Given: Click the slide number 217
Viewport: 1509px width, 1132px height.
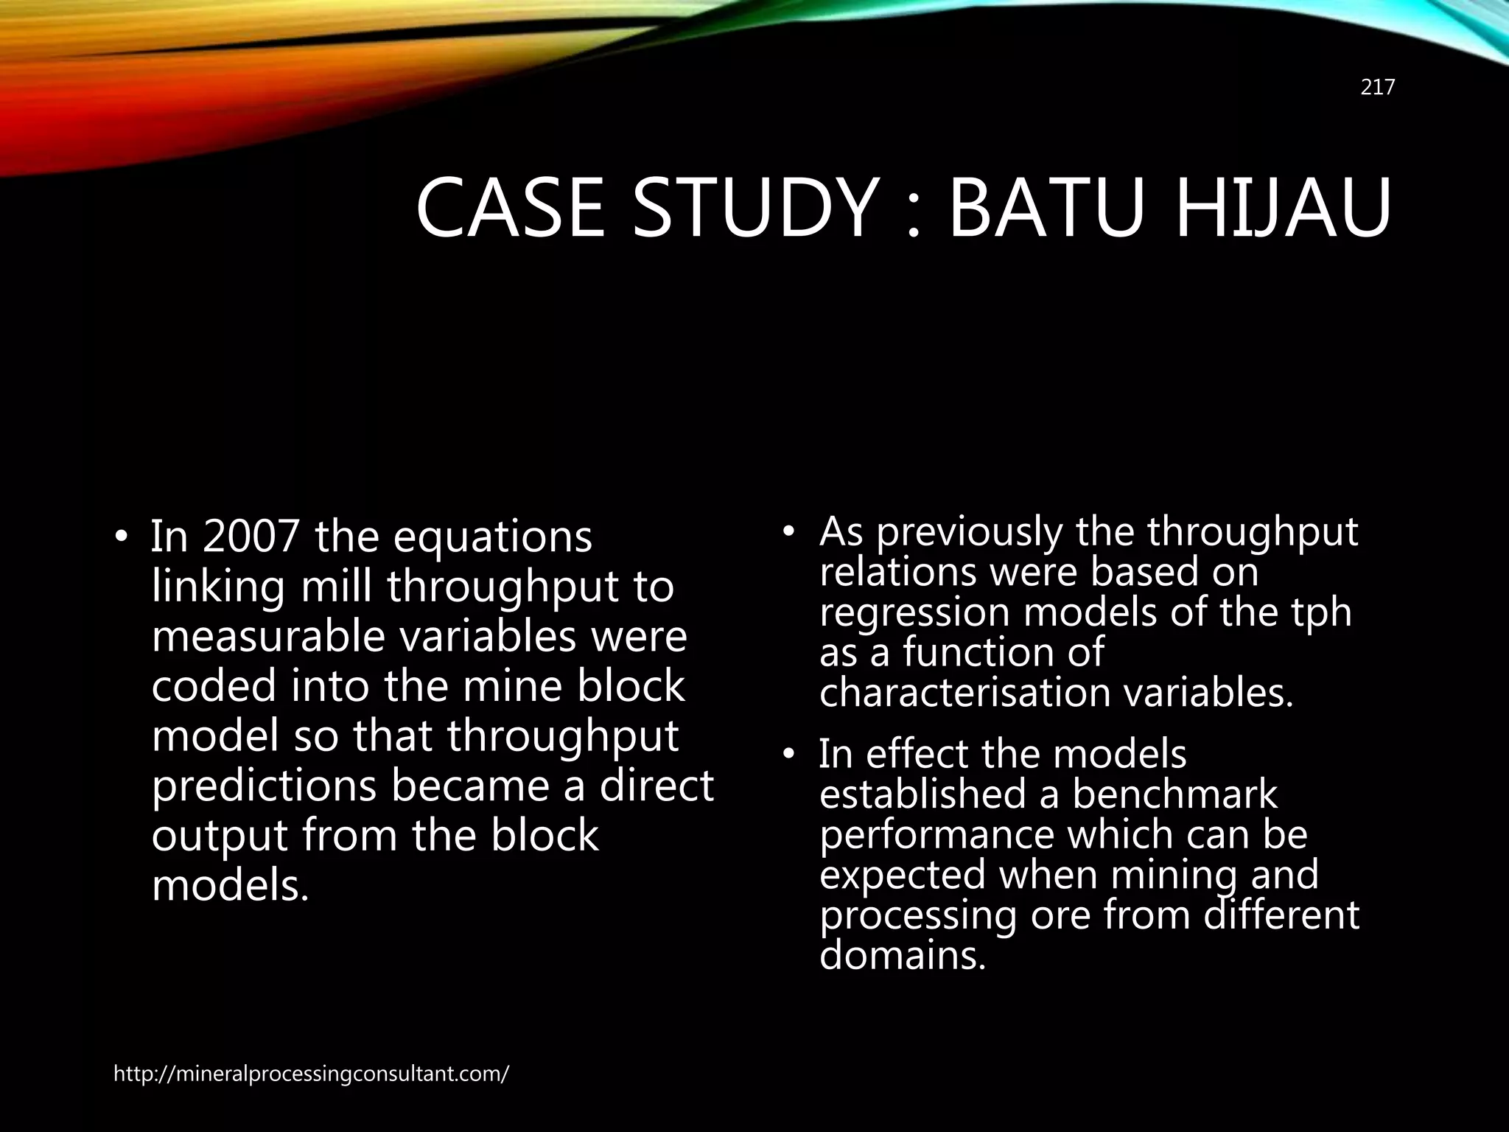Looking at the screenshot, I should pos(1377,88).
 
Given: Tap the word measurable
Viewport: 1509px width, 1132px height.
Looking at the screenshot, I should pos(268,636).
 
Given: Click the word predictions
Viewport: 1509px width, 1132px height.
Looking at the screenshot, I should pos(263,787).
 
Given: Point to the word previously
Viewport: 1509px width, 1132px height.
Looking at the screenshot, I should pos(970,532).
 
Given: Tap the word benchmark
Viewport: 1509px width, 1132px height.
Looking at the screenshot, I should pos(1174,794).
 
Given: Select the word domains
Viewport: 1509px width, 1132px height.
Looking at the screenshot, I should pos(902,956).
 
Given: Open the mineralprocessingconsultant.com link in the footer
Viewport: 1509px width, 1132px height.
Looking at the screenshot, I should pos(311,1074).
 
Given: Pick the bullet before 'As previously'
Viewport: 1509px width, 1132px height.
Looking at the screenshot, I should pos(789,531).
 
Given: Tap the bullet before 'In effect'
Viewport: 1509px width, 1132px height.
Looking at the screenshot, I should pos(789,755).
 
